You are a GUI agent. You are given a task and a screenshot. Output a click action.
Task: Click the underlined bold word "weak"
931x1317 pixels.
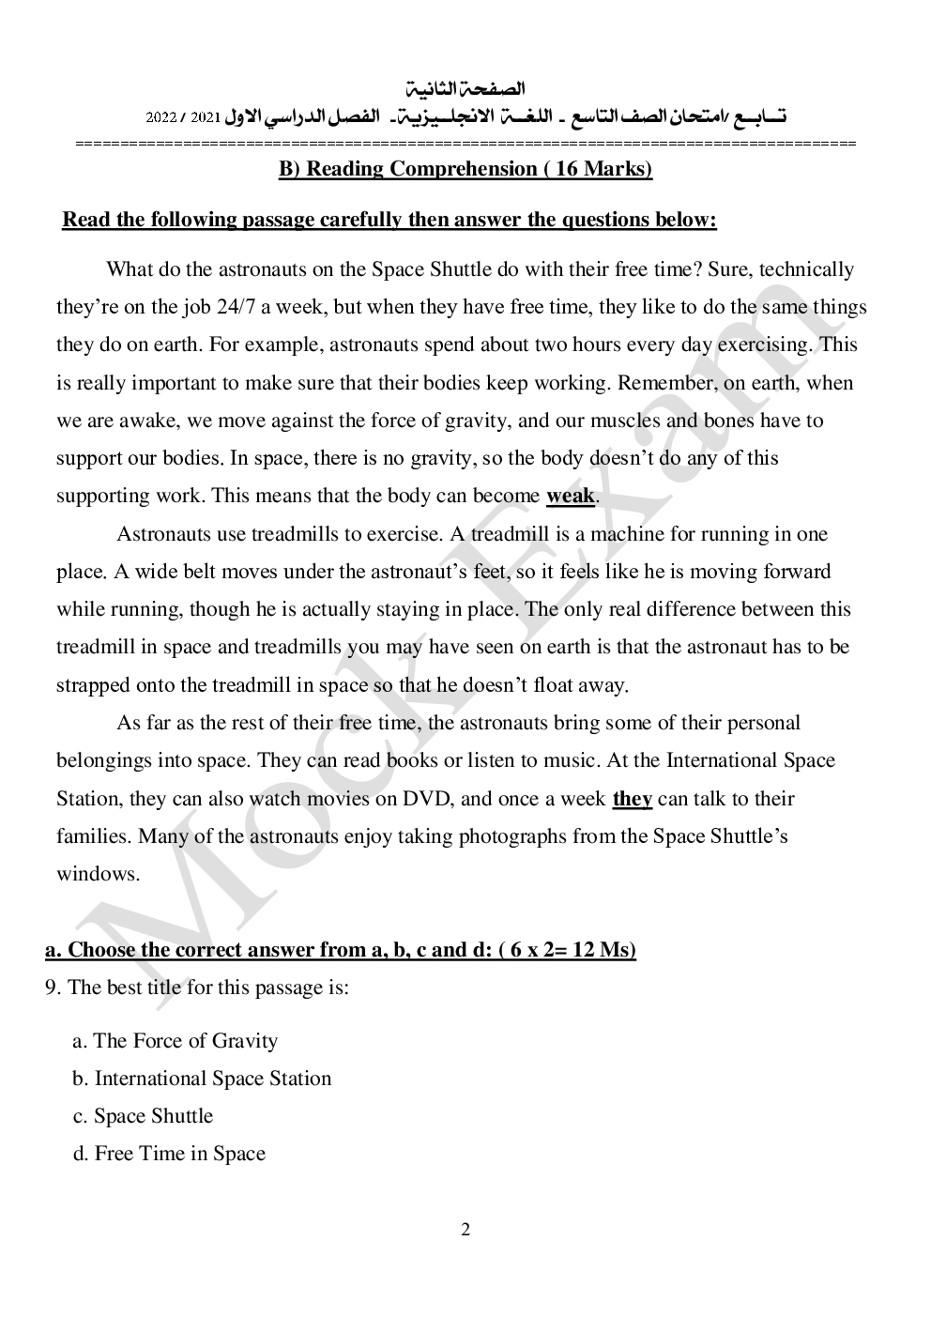[x=570, y=496]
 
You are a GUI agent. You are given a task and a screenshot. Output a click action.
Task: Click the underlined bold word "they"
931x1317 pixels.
[x=632, y=799]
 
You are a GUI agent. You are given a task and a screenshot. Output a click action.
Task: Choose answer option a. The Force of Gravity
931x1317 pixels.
[x=176, y=1041]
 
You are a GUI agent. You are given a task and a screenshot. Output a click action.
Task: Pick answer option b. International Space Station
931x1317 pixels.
[x=203, y=1079]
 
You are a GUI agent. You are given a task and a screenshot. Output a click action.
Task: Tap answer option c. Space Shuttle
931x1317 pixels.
[x=144, y=1116]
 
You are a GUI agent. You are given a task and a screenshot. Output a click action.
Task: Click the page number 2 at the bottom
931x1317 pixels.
[x=465, y=1230]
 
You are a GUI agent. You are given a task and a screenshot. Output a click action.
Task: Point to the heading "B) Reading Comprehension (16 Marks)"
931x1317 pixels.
[x=465, y=169]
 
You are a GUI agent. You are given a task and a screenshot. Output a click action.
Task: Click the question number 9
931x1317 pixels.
[x=52, y=988]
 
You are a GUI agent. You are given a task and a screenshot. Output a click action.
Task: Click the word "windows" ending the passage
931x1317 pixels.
[x=97, y=874]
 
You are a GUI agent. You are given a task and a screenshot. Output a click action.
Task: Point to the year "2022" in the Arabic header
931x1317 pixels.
[x=160, y=118]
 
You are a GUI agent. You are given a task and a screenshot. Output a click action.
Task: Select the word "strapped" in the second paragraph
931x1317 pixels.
[x=93, y=685]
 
